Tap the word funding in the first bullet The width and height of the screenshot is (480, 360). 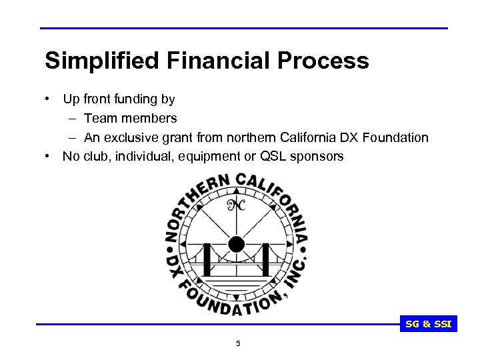click(137, 99)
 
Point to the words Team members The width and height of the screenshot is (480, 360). click(131, 119)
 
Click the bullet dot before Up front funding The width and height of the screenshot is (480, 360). click(49, 99)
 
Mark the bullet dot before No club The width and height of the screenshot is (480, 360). click(49, 156)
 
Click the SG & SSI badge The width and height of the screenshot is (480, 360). click(429, 325)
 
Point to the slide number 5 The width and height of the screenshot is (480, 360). click(239, 344)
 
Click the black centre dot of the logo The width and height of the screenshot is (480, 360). click(236, 244)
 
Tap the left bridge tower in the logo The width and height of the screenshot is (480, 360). click(207, 260)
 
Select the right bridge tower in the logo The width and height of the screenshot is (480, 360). click(266, 259)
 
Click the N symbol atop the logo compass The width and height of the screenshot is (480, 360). click(236, 205)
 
